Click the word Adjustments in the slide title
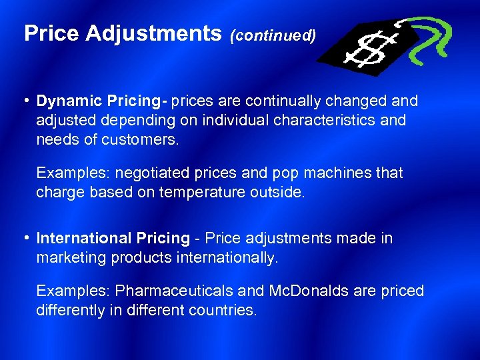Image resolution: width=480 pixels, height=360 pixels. coord(154,34)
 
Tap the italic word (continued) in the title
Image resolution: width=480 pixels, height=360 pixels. coord(273,35)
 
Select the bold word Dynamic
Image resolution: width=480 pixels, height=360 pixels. coord(67,101)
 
